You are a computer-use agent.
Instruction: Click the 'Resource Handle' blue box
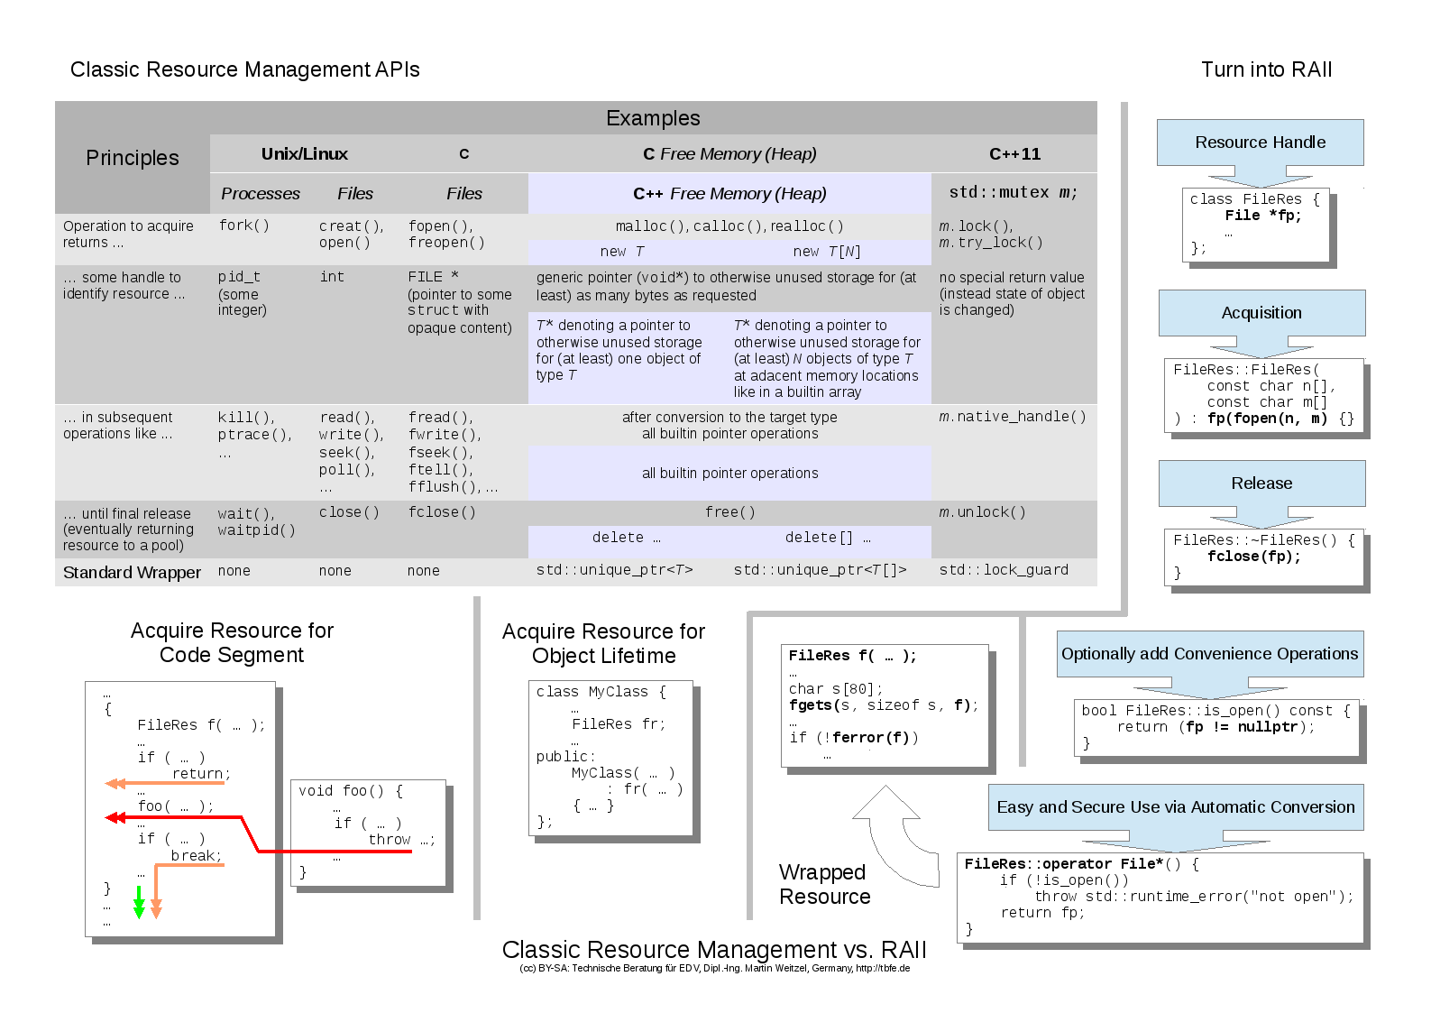[1260, 143]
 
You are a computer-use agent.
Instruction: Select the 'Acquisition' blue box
[1261, 313]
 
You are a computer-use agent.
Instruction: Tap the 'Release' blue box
[1261, 483]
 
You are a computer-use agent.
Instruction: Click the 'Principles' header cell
[133, 158]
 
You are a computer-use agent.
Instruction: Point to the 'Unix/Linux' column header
[305, 154]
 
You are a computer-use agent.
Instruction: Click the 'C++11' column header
[1014, 154]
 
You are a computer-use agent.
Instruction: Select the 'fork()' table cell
[244, 226]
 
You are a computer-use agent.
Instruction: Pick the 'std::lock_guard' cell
[1004, 570]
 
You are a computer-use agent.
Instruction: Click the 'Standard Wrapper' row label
[132, 573]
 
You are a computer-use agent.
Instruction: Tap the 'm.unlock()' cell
[982, 512]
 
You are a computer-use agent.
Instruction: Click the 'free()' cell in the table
[729, 512]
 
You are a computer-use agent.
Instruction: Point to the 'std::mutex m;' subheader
[1013, 193]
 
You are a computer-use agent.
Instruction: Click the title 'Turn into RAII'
[1266, 69]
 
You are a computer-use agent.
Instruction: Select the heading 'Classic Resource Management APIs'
[245, 69]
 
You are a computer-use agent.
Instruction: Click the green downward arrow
[139, 903]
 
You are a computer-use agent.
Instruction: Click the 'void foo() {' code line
[351, 791]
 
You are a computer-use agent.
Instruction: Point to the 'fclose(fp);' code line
[1254, 557]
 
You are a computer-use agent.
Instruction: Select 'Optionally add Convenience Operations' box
[1209, 654]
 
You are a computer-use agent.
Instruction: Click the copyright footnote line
[714, 969]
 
